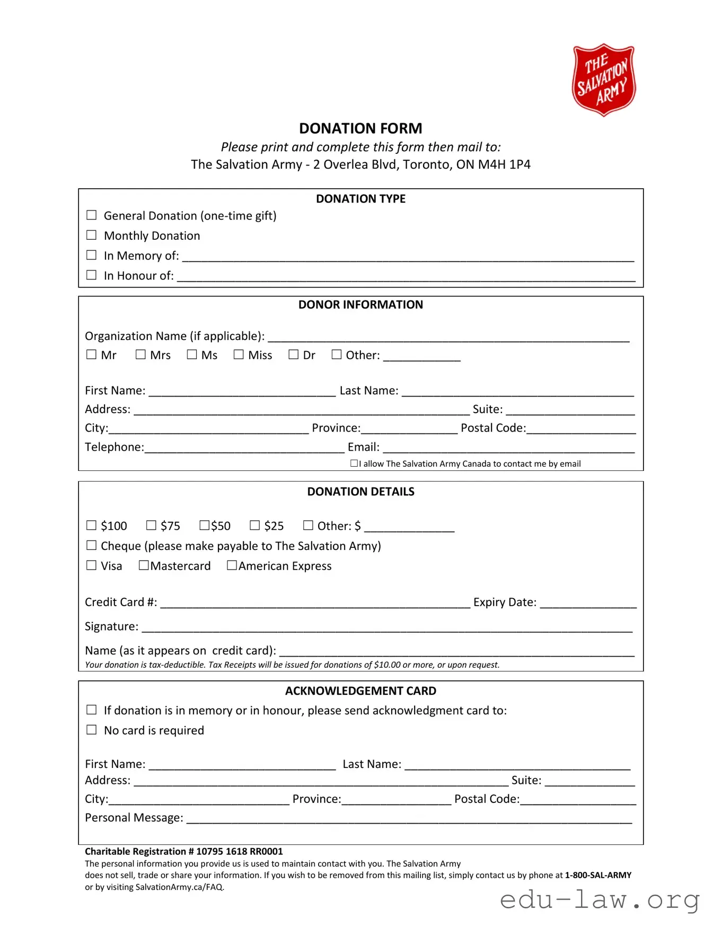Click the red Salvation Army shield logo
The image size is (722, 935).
[603, 80]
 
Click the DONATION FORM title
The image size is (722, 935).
[360, 128]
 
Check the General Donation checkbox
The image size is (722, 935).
[92, 215]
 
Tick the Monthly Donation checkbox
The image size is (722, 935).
[92, 235]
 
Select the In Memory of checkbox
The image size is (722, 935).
[92, 255]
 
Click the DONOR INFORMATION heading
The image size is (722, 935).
[360, 305]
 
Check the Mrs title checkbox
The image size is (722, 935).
[140, 354]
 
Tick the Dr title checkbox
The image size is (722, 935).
[293, 354]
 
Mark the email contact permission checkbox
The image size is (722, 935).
[354, 463]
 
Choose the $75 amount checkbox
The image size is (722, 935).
[151, 525]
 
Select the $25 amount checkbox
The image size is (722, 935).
[255, 525]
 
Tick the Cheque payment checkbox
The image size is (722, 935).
[92, 545]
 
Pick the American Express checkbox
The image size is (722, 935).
[232, 565]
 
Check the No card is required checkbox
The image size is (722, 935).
[92, 730]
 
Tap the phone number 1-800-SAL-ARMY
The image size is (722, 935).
[598, 875]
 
